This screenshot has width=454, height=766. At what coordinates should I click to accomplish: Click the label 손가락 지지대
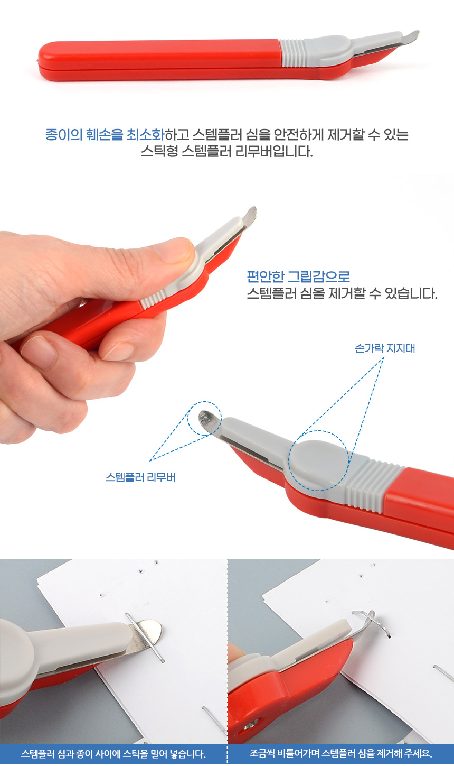(385, 348)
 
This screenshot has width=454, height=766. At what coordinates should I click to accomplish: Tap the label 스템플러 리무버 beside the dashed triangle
(140, 477)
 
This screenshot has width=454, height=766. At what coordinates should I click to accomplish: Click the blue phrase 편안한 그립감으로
(298, 276)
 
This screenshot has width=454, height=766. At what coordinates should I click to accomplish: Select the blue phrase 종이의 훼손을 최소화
(105, 134)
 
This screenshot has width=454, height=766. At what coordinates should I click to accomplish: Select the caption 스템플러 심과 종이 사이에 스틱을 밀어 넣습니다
(113, 754)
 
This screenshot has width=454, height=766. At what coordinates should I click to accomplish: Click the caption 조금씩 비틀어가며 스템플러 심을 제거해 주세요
(340, 754)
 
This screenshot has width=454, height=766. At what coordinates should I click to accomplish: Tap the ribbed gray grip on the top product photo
(292, 53)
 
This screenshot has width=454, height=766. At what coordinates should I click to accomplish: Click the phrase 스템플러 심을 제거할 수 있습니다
(342, 293)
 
